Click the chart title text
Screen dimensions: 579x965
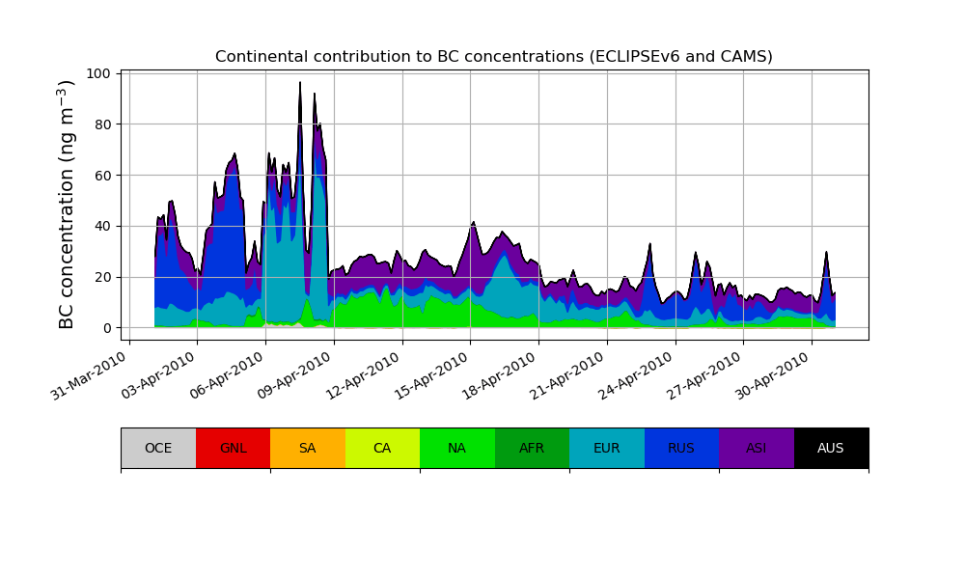coord(493,57)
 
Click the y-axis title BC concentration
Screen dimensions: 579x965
coord(67,205)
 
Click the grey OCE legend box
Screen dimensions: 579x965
coord(158,448)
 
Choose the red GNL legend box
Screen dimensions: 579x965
coord(233,448)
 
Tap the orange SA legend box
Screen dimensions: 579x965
coord(307,448)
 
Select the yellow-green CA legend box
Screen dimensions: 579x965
coord(382,448)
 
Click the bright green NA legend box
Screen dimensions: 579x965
coord(456,448)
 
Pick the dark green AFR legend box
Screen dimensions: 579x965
coord(532,448)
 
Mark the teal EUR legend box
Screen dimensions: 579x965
coord(606,448)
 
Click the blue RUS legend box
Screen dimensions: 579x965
coord(681,448)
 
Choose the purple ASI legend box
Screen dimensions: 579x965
coord(756,448)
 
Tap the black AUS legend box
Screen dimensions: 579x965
coord(831,448)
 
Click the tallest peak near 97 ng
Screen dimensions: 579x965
coord(300,83)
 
